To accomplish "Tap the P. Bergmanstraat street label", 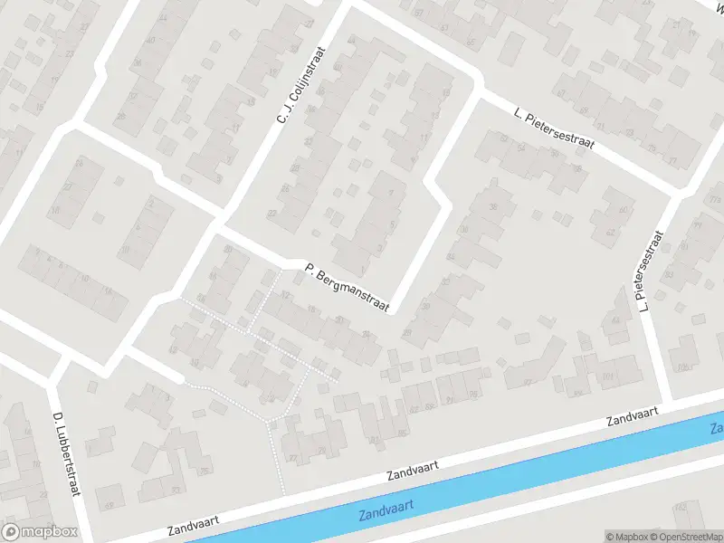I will tap(347, 287).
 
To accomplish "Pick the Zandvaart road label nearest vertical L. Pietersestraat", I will tap(634, 417).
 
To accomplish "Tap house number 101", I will tap(606, 373).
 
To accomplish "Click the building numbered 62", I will tap(609, 232).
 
